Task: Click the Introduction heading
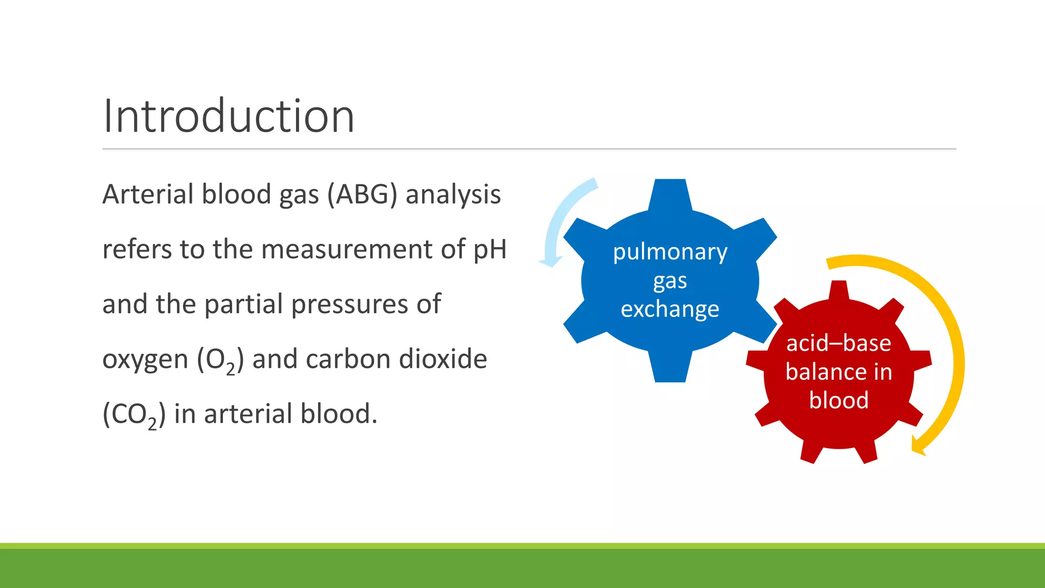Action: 228,116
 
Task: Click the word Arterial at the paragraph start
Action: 147,194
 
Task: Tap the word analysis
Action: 453,194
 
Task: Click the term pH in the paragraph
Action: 490,250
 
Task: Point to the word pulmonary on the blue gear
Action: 670,252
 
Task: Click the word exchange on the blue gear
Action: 670,309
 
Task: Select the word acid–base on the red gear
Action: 838,343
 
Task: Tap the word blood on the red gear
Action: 838,400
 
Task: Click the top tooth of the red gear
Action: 839,289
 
